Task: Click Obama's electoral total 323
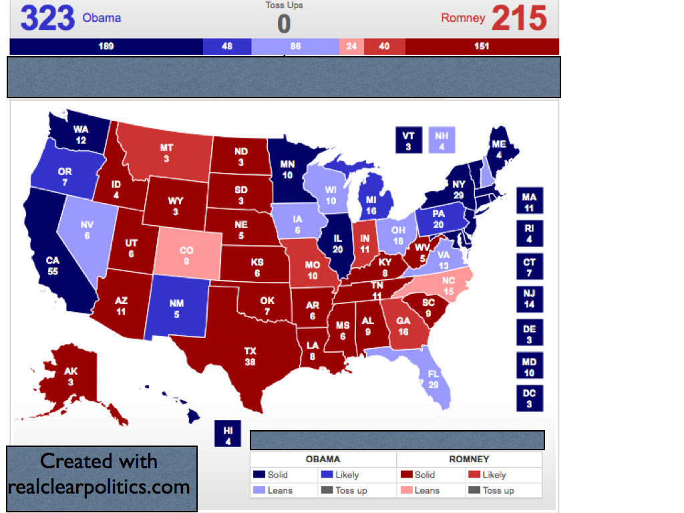pos(47,18)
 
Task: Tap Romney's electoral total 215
pos(519,18)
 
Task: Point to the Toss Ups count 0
pos(284,24)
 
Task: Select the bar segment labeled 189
pos(106,47)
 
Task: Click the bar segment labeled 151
pos(482,47)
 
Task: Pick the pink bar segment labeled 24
pos(351,47)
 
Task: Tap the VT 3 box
pos(408,140)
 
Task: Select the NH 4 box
pos(442,140)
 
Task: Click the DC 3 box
pos(529,398)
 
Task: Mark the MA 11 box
pos(529,202)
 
